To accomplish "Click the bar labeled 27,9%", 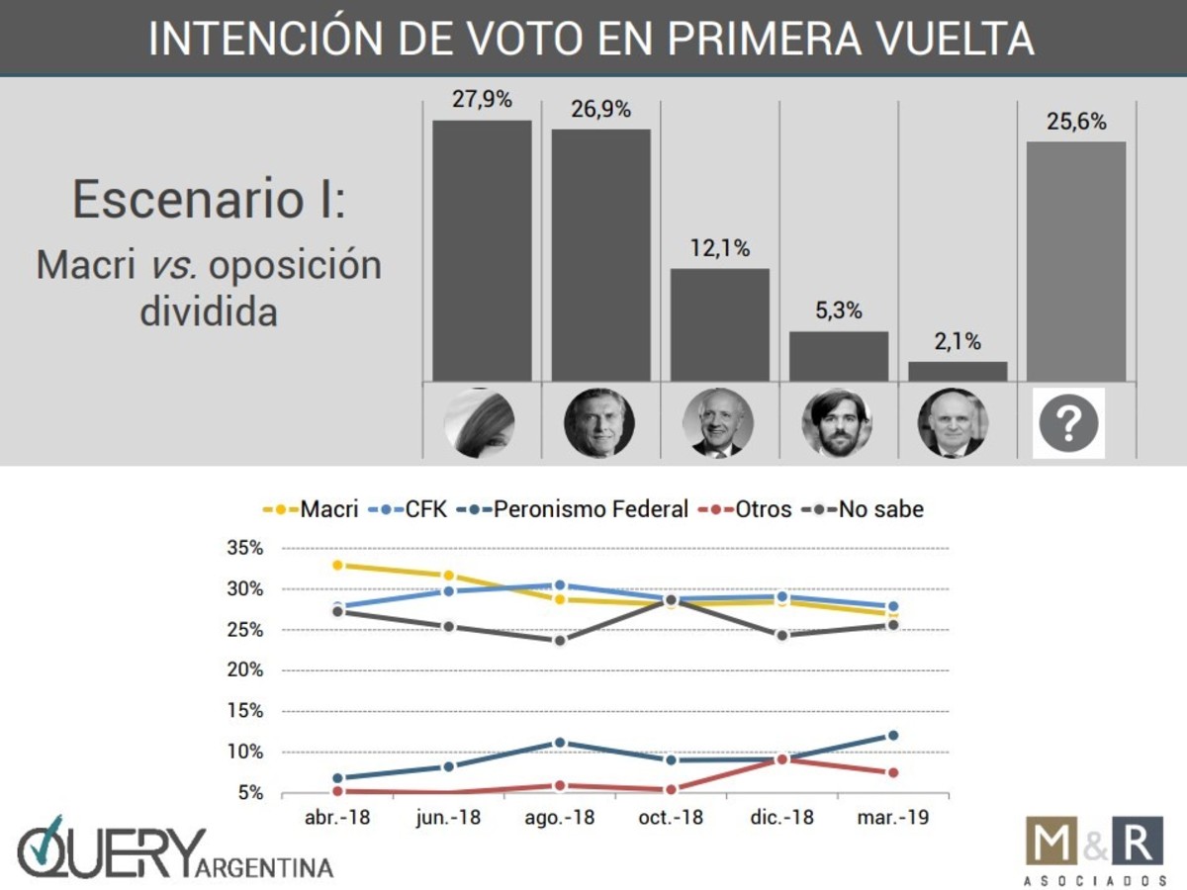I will coord(482,250).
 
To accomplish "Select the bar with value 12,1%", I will coord(719,324).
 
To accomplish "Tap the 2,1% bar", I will coord(958,371).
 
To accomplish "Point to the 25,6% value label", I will coord(1075,123).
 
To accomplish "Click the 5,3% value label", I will coord(839,311).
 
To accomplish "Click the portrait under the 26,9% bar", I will coord(599,422).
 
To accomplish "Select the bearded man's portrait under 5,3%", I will coord(837,422).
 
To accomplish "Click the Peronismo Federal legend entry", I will coord(584,509).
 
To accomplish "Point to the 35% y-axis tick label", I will coord(245,548).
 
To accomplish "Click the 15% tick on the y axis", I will coord(245,711).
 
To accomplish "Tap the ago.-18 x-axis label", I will coord(560,818).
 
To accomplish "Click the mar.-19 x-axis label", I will coord(893,818).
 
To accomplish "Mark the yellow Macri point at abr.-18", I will coord(337,565).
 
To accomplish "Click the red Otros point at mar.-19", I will coord(893,772).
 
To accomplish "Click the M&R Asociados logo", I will coord(1093,849).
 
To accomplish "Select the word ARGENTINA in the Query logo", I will coord(266,867).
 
